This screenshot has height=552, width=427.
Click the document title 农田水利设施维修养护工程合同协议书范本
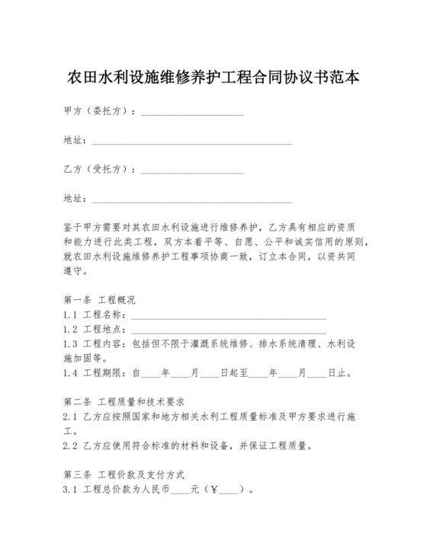coord(213,78)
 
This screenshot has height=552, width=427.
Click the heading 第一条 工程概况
coord(99,299)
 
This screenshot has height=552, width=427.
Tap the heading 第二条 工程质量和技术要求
coord(127,400)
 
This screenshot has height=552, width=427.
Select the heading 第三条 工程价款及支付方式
coord(124,473)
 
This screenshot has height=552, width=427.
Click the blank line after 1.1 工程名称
coord(229,316)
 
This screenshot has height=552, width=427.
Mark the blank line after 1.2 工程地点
coord(229,330)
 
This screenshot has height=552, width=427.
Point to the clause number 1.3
coord(70,344)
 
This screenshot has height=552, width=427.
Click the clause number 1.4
coord(70,373)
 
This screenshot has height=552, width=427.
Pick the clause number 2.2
coord(70,445)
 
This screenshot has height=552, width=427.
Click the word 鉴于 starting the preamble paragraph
coord(72,227)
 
